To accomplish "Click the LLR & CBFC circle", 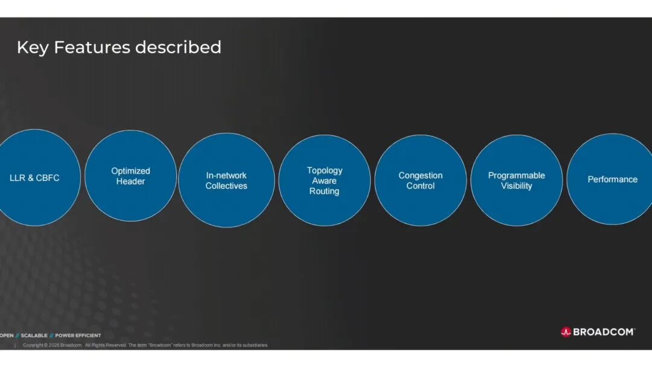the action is [x=35, y=177].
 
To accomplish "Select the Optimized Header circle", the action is [x=130, y=176].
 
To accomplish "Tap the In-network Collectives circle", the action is [x=226, y=180].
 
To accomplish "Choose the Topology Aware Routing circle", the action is [x=324, y=180].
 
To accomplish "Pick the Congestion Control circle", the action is [x=420, y=180].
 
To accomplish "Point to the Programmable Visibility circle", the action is [x=516, y=180].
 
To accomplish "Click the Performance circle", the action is [x=610, y=179].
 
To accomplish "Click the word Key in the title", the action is [x=33, y=48].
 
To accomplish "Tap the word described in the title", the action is [x=178, y=47].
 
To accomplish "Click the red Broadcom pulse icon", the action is [x=566, y=331].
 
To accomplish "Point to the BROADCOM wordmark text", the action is [x=604, y=331].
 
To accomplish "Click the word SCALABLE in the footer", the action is [x=34, y=336].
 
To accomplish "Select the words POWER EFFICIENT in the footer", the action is [x=78, y=336].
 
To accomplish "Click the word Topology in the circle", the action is [x=325, y=171].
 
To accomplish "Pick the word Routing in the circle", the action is [x=324, y=191].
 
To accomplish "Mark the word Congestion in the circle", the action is [x=420, y=176].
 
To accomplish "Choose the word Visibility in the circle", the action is [x=516, y=186].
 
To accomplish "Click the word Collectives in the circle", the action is [x=226, y=186].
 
